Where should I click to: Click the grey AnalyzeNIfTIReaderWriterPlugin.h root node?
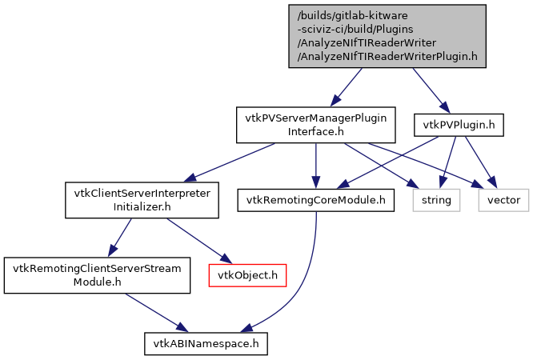[x=387, y=36]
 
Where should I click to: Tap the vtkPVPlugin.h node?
[x=454, y=124]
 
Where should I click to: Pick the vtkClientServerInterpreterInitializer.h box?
[x=142, y=200]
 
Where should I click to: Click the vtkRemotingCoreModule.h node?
[x=316, y=200]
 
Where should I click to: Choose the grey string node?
[x=437, y=200]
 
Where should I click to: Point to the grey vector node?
[x=504, y=200]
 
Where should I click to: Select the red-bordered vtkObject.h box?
[x=248, y=275]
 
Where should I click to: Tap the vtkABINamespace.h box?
[x=206, y=344]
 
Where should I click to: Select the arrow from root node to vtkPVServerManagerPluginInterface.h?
[x=348, y=86]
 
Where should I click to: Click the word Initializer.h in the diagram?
[x=142, y=207]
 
